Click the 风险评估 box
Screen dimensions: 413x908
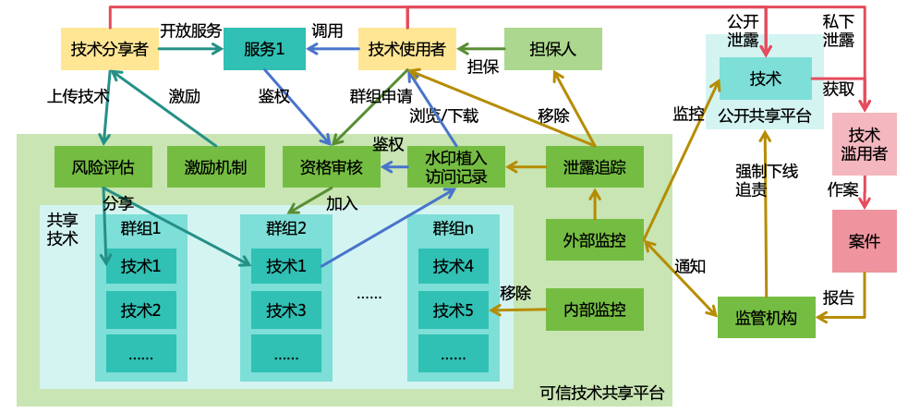(103, 167)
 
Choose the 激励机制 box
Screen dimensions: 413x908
(215, 167)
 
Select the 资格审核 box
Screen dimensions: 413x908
(331, 167)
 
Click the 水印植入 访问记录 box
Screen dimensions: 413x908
(456, 167)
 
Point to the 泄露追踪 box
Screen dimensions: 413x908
(594, 167)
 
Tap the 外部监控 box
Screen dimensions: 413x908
(594, 240)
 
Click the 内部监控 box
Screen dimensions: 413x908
(594, 310)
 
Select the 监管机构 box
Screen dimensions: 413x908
(766, 317)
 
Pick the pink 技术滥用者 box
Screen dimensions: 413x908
(864, 144)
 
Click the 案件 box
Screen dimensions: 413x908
(864, 241)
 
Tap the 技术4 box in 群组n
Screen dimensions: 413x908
(454, 266)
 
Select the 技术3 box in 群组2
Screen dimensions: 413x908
(286, 310)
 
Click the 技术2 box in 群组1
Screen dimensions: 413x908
(141, 310)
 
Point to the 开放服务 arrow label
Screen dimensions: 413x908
(191, 30)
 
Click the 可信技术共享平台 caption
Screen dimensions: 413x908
(601, 393)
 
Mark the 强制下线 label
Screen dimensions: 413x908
(767, 171)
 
